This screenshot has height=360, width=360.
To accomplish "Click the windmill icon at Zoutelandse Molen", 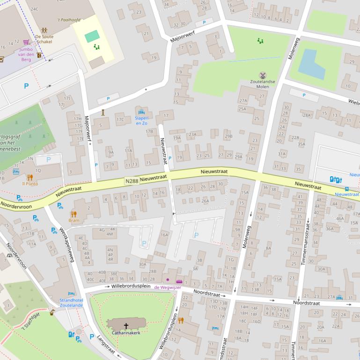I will tap(263, 75).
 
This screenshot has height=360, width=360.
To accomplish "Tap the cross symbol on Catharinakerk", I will tap(126, 325).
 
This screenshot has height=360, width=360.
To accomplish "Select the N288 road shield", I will tap(132, 181).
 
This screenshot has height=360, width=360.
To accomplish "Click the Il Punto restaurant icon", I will tap(30, 177).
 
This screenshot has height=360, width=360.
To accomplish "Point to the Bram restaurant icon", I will tap(74, 214).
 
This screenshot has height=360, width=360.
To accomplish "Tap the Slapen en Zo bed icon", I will tap(142, 112).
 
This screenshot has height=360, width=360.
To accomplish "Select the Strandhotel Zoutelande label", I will tap(71, 302).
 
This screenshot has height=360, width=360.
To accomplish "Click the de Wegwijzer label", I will tap(167, 287).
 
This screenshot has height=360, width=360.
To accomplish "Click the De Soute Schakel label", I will tap(44, 39).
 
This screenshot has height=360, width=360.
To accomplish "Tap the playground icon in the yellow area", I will tap(97, 47).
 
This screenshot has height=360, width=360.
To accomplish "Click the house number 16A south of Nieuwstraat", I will tap(164, 235).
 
